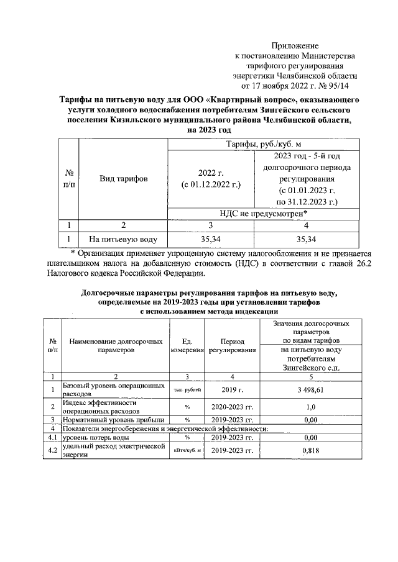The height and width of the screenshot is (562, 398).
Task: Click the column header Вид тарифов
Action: click(124, 179)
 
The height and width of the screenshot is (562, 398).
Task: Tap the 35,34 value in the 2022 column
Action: click(211, 238)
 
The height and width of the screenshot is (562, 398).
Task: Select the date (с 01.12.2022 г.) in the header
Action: click(211, 184)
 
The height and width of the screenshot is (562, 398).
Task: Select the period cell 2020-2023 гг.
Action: click(231, 407)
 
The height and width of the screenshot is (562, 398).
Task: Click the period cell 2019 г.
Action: click(231, 389)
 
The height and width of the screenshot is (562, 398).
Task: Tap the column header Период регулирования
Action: click(231, 346)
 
